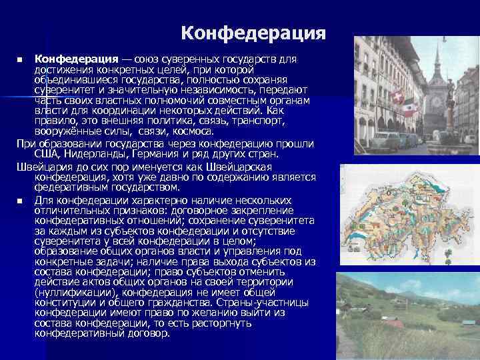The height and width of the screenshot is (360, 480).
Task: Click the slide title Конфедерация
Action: pos(253,32)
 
